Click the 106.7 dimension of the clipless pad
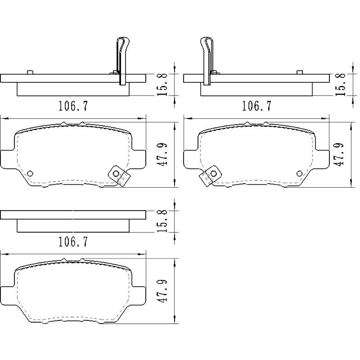(x=73, y=242)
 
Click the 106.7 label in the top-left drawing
(x=73, y=106)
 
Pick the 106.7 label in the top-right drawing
(x=256, y=106)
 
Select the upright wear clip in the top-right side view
(x=207, y=61)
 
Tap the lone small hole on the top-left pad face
(x=30, y=173)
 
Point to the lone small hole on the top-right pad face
(x=300, y=173)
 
